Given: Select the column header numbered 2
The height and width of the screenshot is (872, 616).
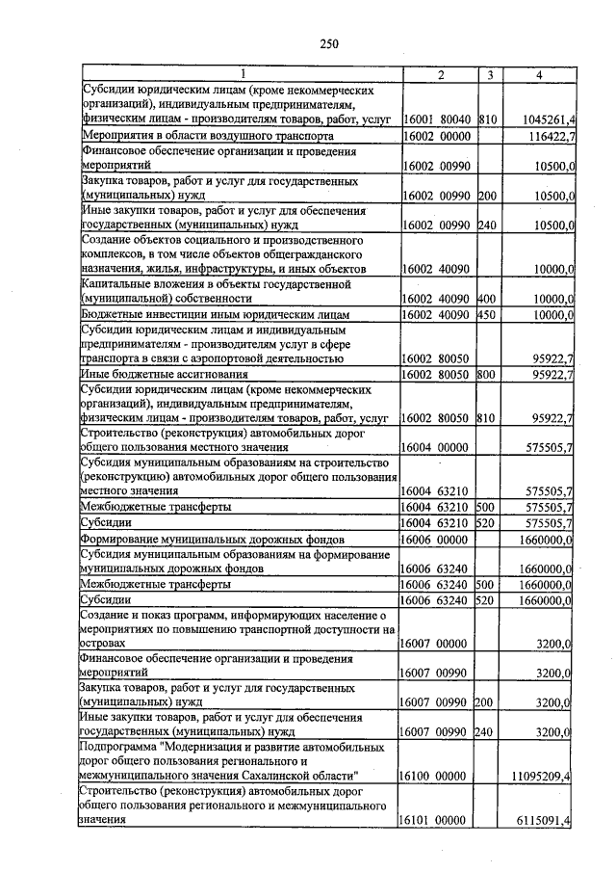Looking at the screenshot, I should pyautogui.click(x=439, y=74).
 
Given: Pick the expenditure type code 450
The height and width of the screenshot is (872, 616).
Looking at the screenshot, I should pyautogui.click(x=486, y=315).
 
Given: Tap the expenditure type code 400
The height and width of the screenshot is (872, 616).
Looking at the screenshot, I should pyautogui.click(x=486, y=300).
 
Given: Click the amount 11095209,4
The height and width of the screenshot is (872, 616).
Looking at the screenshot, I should pyautogui.click(x=544, y=774).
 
